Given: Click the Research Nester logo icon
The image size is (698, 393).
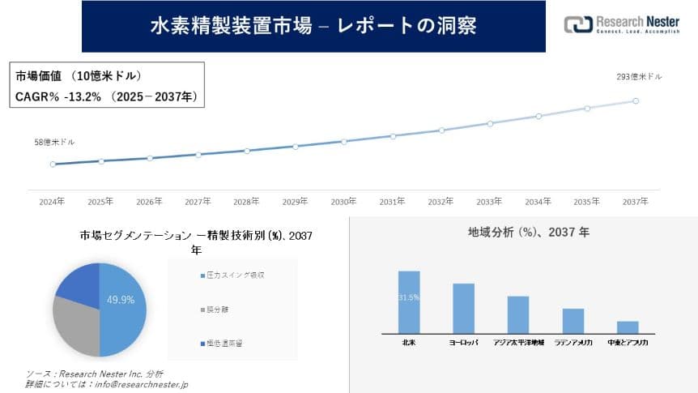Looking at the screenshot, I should point(577,25).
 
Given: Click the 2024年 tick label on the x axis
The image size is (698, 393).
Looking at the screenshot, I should point(53,201).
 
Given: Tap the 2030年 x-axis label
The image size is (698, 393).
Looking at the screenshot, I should point(344,201).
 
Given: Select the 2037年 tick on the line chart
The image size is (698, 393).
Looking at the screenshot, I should point(636,201).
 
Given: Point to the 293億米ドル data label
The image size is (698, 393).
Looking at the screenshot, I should point(639,77).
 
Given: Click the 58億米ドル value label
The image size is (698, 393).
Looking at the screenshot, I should point(54,143).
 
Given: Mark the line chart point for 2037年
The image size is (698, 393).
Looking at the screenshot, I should point(636,101).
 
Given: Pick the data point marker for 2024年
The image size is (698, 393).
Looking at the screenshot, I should point(53,164).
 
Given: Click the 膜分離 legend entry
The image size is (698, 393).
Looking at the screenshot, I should point(219,310).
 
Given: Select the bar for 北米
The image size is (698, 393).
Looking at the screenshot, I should point(409,301).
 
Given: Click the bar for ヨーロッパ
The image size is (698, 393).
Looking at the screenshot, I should point(463,308).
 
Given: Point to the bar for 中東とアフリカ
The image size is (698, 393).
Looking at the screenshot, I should point(628,327).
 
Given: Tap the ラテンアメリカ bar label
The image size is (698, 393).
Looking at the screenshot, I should point(573,344).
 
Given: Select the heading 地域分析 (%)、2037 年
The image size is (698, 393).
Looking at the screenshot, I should point(529,232).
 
